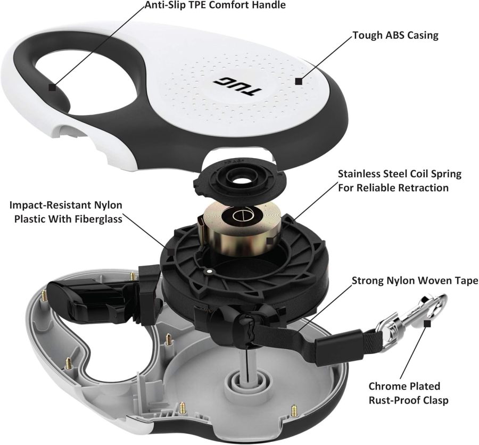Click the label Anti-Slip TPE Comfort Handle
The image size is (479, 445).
216,6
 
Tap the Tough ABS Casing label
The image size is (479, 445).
395,36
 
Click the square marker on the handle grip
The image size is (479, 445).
52,87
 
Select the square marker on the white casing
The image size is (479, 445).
299,82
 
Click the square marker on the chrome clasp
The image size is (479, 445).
427,322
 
